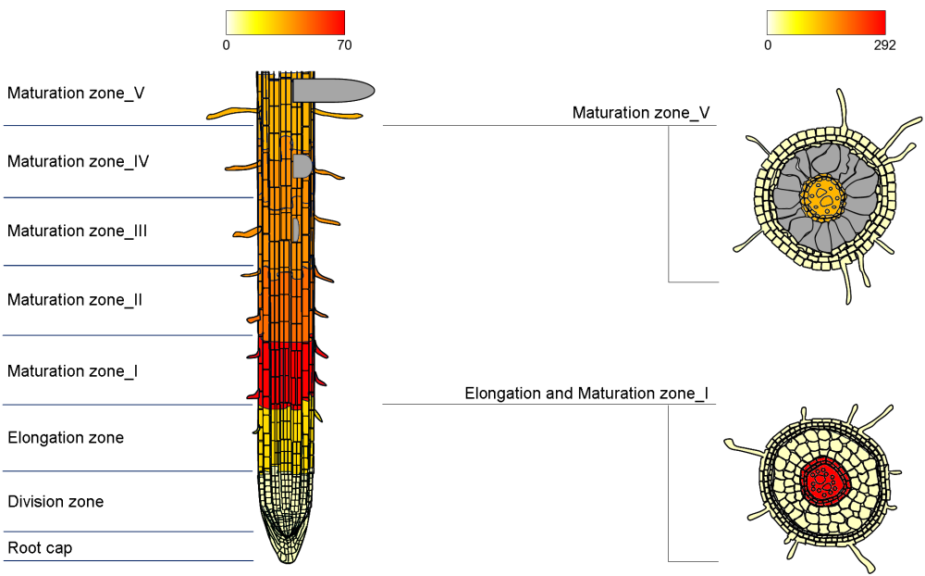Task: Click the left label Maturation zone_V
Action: tap(76, 93)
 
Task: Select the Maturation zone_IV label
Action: tap(79, 161)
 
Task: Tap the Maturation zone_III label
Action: tap(78, 231)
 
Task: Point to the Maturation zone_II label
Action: tap(75, 300)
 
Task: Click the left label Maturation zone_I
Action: tap(73, 371)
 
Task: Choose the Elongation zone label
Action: tap(66, 437)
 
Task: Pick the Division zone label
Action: tap(55, 502)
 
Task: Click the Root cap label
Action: tap(40, 548)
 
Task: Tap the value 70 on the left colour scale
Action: tap(344, 45)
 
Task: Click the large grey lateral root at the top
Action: tap(333, 90)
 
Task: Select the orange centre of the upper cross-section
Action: tap(822, 195)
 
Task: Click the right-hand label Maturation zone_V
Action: tap(641, 113)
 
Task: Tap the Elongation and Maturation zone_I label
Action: tap(586, 394)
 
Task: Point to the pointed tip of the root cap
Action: tap(287, 558)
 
